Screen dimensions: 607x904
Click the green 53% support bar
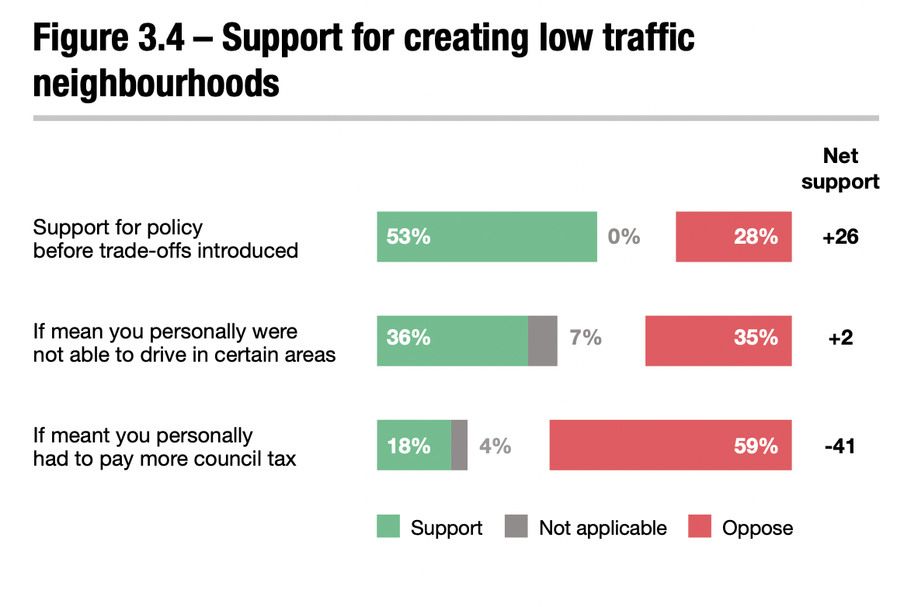[x=487, y=237]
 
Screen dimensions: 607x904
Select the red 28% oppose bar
[x=733, y=237]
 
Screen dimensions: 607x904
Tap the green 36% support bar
[x=452, y=340]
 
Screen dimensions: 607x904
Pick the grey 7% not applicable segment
[x=542, y=340]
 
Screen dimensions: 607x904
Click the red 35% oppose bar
[x=718, y=340]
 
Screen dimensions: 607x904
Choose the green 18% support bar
[x=414, y=445]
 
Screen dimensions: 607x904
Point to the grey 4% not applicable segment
[x=459, y=445]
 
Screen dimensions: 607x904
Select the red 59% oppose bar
[x=670, y=445]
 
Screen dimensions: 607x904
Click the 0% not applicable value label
[x=624, y=237]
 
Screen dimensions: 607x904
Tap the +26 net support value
[x=840, y=237]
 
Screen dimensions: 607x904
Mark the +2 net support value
[x=840, y=339]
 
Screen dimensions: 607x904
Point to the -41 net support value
[x=840, y=446]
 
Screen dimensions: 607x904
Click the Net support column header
[x=840, y=168]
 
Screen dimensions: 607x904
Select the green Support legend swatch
[x=388, y=527]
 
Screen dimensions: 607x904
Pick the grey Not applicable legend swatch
[x=516, y=527]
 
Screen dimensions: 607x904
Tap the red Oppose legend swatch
[x=700, y=527]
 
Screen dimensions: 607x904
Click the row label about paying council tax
[x=165, y=446]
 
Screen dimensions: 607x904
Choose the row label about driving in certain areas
[x=184, y=342]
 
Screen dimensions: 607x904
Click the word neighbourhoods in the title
[x=156, y=83]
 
